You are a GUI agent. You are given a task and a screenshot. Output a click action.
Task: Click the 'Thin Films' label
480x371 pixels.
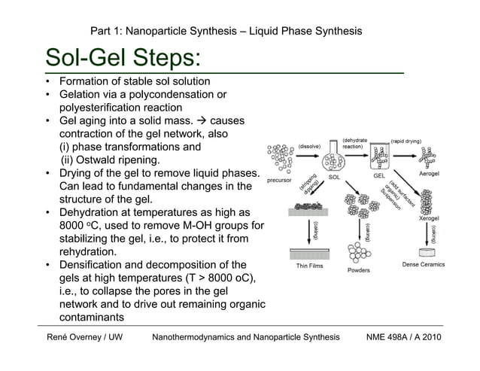(x=308, y=265)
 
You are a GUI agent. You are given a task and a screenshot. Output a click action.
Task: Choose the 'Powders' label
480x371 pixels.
(x=358, y=270)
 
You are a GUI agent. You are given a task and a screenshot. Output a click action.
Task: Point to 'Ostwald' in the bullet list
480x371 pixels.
(x=107, y=160)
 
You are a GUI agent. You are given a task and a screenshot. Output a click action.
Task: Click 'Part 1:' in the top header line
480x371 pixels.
(x=105, y=31)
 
